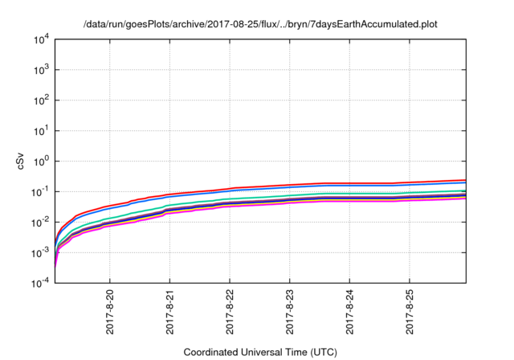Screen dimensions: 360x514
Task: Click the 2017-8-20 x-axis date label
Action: click(110, 311)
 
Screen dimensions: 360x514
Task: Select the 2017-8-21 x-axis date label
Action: click(170, 311)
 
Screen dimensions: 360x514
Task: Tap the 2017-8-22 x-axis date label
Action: click(230, 311)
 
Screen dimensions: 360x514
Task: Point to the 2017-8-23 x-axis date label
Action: click(291, 311)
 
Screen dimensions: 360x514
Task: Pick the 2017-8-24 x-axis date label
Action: click(350, 311)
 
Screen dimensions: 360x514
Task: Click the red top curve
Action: click(321, 183)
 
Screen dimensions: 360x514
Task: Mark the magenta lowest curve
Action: click(321, 202)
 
